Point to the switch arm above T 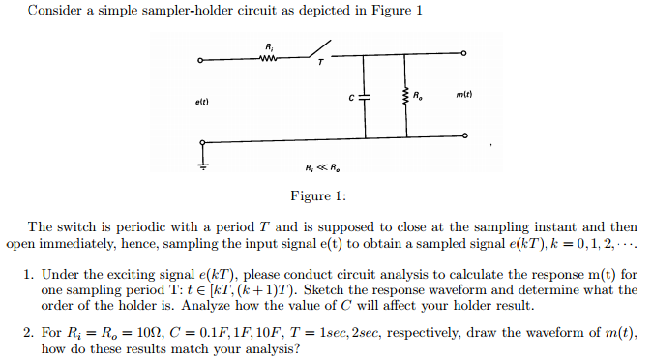(314, 48)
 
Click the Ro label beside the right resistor (418, 94)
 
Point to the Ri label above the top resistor (269, 45)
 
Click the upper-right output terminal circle (464, 54)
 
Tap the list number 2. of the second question (30, 333)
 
